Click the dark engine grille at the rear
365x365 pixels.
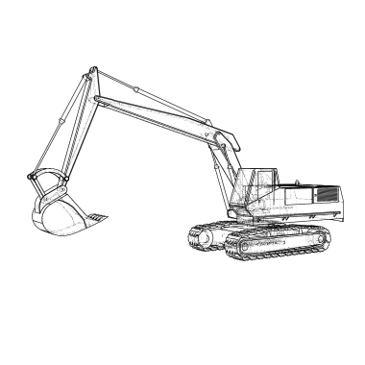pyautogui.click(x=327, y=195)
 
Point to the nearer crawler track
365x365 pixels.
pyautogui.click(x=279, y=244)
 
